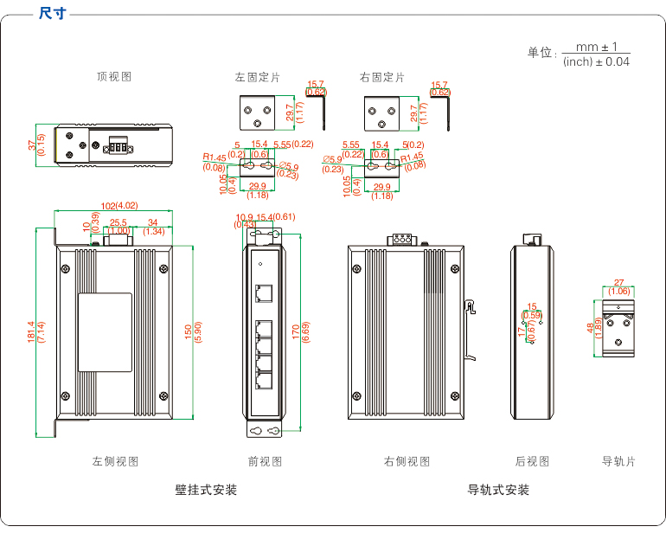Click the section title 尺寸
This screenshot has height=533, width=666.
coord(53,14)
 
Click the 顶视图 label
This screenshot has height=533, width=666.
coord(114,77)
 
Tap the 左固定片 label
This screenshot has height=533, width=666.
coord(258,78)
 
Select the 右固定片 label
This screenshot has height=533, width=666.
coord(382,78)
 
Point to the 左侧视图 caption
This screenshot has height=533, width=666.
coord(116,462)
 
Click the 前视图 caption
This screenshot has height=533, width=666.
coord(265,462)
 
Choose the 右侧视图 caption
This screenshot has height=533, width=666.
coord(407,462)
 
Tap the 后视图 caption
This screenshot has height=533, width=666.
coord(532,462)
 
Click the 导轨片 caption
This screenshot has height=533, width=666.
coord(618,462)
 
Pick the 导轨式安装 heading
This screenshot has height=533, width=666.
coord(498,491)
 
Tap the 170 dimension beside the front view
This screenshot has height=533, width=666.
coord(296,331)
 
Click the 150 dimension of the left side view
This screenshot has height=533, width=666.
coord(189,333)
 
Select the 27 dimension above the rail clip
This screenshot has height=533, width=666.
coord(618,283)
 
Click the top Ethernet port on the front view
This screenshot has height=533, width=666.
coord(263,292)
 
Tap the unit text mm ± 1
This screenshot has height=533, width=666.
coord(591,48)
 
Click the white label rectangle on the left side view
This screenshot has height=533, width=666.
coord(106,332)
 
